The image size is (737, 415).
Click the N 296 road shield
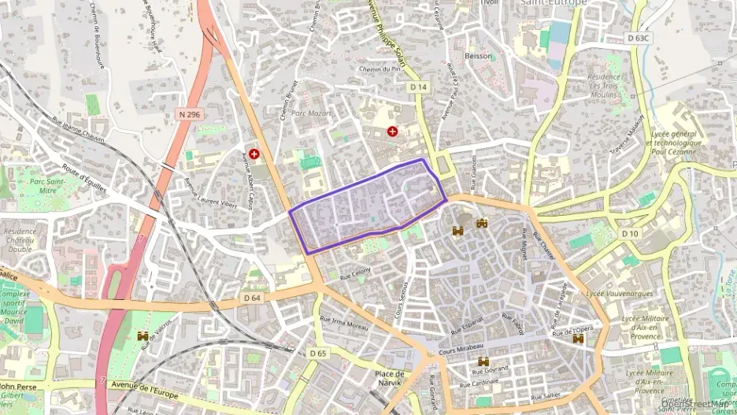[190, 114]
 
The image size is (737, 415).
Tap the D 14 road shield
[418, 87]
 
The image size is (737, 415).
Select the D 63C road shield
[639, 38]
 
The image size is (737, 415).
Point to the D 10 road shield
[629, 234]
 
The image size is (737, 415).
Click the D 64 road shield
[252, 298]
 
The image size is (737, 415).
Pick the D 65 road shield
[317, 354]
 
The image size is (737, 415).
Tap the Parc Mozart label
[311, 113]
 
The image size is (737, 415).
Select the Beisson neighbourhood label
[479, 56]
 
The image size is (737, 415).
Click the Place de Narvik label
[390, 378]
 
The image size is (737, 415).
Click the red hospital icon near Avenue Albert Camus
[254, 154]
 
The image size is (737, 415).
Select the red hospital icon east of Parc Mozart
[392, 131]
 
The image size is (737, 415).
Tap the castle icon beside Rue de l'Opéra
[579, 338]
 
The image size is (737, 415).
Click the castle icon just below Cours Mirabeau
[483, 361]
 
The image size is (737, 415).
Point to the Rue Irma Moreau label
[344, 323]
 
